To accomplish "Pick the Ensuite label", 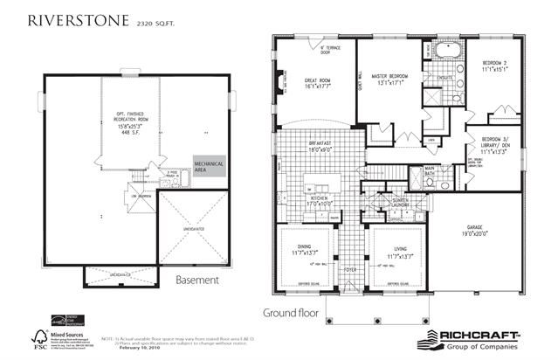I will pos(444,78).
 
